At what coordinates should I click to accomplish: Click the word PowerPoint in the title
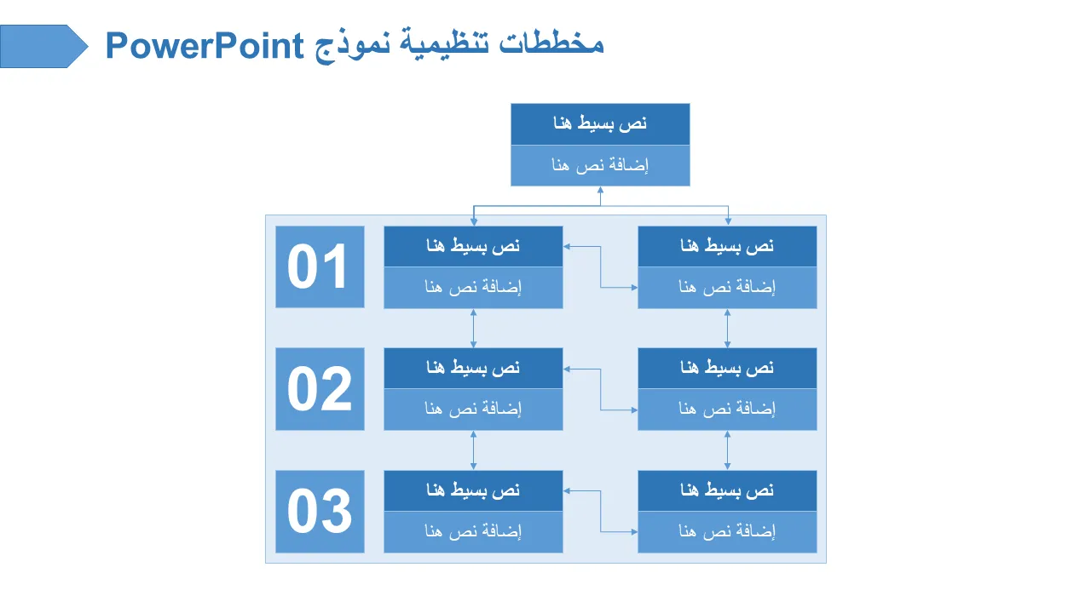[205, 45]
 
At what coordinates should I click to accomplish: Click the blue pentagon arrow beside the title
[43, 46]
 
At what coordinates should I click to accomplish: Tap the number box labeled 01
[320, 266]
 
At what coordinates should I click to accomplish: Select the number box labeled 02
[320, 389]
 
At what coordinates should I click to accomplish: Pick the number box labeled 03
[320, 512]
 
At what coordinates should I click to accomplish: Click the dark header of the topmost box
[600, 124]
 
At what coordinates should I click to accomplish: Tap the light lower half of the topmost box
[600, 165]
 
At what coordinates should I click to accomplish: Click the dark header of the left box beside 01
[473, 246]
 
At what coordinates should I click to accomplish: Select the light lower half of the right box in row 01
[727, 288]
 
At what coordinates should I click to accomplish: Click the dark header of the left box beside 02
[473, 368]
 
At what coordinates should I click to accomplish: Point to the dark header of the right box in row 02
[727, 368]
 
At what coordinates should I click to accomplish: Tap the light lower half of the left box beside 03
[473, 532]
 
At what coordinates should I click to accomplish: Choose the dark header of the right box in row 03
[727, 490]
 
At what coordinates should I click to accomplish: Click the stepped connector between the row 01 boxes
[600, 267]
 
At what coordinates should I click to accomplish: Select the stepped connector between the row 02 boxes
[600, 389]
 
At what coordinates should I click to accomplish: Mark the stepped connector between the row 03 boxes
[600, 512]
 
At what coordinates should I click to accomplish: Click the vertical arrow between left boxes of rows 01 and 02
[473, 328]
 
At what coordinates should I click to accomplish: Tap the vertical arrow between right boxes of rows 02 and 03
[727, 450]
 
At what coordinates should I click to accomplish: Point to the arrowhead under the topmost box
[600, 190]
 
